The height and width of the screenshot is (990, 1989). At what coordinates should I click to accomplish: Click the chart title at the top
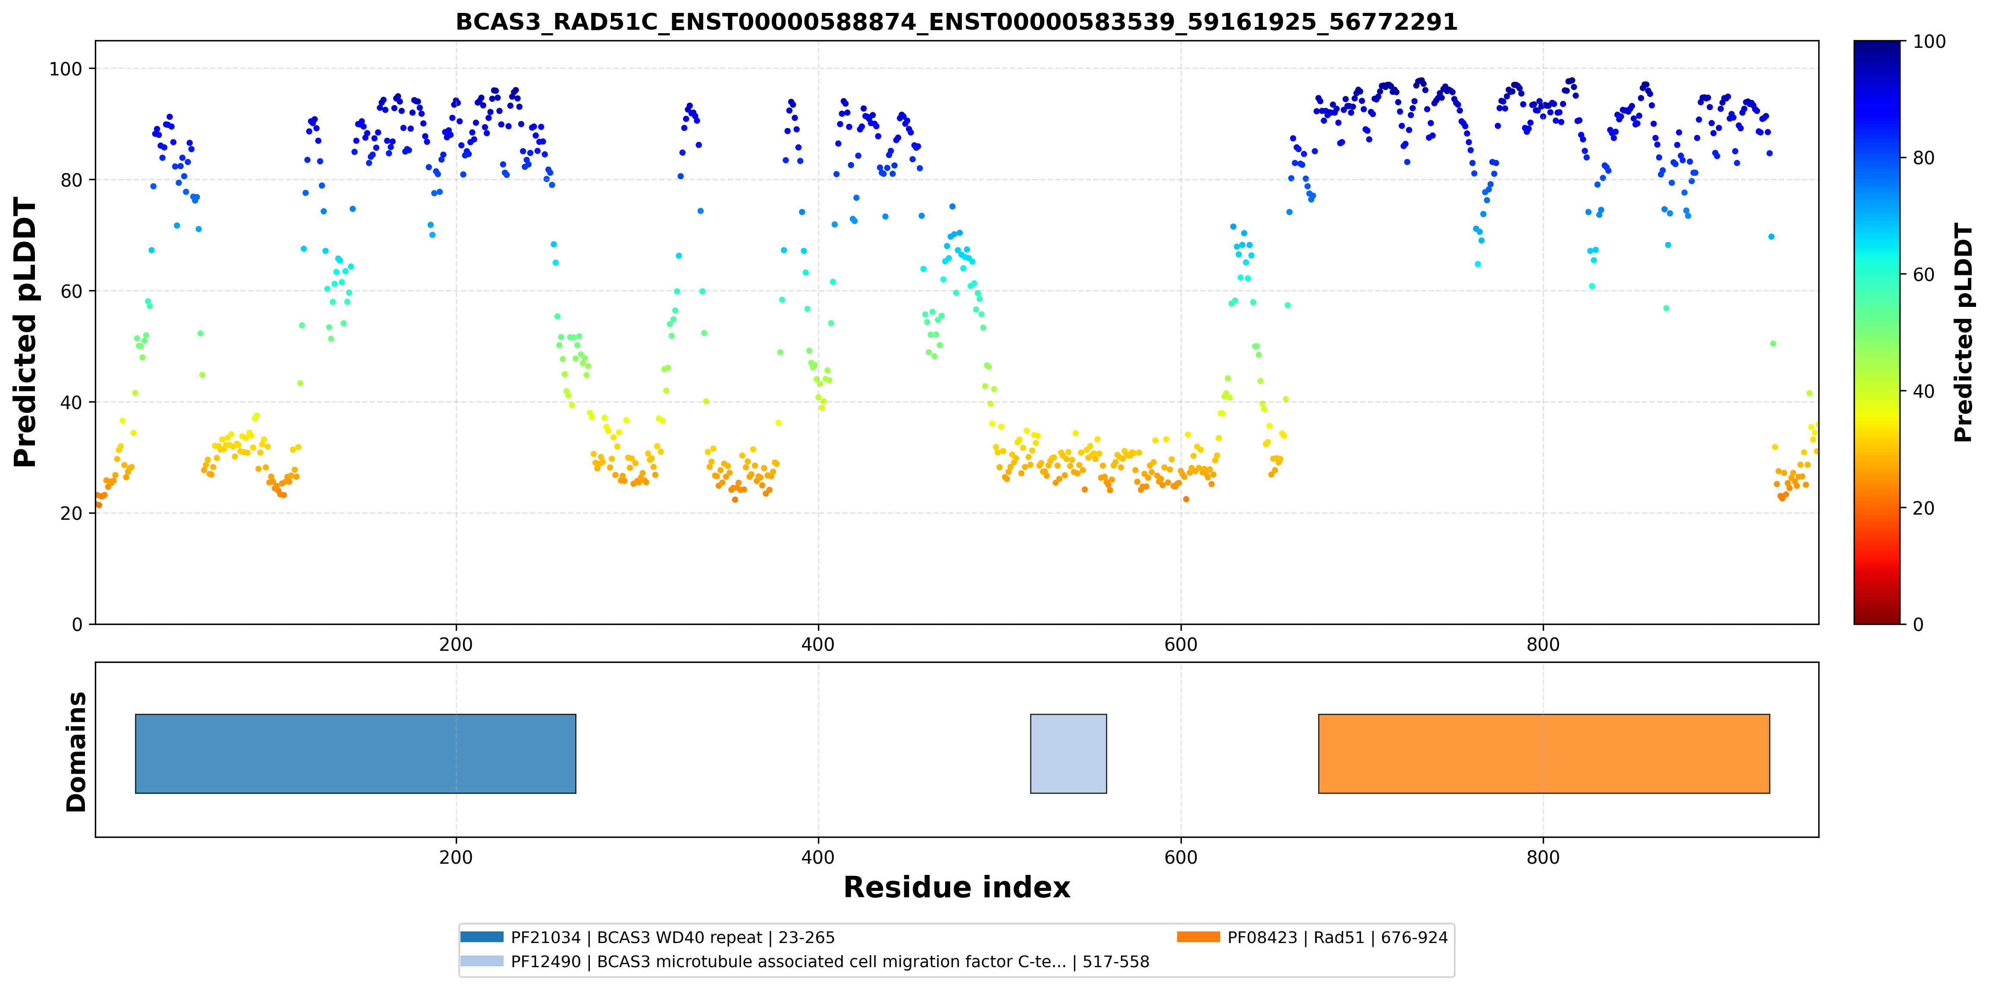click(956, 22)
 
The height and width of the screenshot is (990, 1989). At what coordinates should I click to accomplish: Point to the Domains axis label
click(76, 752)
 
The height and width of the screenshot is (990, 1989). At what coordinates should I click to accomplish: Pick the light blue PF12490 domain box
click(1068, 754)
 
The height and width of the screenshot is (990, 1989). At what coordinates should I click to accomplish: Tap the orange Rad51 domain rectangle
click(1544, 754)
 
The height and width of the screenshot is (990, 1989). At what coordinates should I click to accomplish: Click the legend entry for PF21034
click(648, 937)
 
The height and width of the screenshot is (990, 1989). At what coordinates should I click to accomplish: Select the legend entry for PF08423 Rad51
click(1312, 937)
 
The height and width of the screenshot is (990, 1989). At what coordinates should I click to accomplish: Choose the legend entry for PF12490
click(805, 962)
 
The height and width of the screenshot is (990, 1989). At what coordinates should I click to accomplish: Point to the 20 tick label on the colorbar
click(1923, 509)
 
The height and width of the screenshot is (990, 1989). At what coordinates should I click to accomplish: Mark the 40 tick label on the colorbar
click(1923, 392)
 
